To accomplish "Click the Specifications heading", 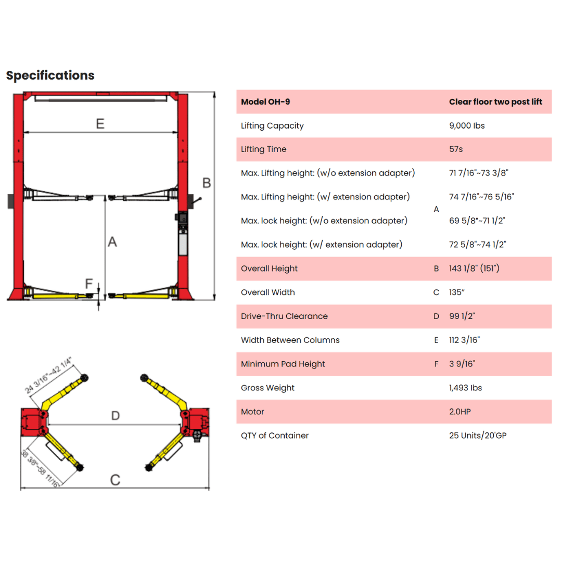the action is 50,75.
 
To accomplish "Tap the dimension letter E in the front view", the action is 100,124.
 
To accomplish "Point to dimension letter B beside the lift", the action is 207,183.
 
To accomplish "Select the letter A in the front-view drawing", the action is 112,241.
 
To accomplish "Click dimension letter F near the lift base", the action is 89,284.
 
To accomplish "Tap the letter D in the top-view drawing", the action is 116,416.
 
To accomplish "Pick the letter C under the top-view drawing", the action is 115,480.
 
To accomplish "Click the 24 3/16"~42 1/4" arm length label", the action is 48,375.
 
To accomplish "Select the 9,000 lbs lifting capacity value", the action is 467,126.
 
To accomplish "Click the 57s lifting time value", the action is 456,149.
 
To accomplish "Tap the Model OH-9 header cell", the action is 265,102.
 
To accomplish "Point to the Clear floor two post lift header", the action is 496,102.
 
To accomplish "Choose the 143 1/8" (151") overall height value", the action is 474,269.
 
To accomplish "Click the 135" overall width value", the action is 457,292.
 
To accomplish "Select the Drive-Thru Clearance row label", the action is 284,316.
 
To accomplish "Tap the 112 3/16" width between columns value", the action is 465,340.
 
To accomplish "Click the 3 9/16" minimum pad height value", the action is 462,364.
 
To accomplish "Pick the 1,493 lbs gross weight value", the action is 466,388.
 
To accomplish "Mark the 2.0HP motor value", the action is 460,412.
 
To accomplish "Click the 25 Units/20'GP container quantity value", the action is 478,436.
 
